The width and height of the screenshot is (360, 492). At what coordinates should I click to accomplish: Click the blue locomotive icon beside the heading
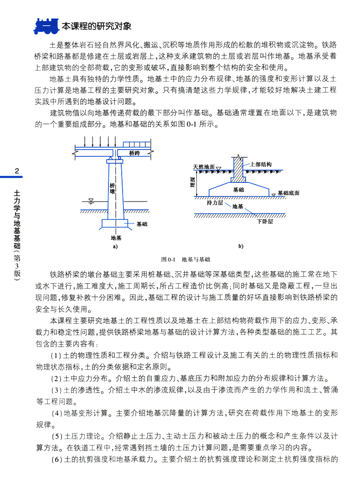point(45,26)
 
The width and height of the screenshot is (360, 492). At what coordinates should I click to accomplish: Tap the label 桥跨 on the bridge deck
point(134,154)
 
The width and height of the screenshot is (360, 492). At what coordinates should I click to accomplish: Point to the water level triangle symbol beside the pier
point(91,200)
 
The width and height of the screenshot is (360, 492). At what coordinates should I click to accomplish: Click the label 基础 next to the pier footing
point(142,224)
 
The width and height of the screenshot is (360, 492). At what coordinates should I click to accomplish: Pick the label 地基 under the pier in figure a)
point(115,238)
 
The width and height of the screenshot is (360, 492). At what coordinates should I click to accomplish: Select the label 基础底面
point(288,193)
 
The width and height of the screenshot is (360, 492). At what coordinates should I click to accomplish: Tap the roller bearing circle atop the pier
point(119,159)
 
